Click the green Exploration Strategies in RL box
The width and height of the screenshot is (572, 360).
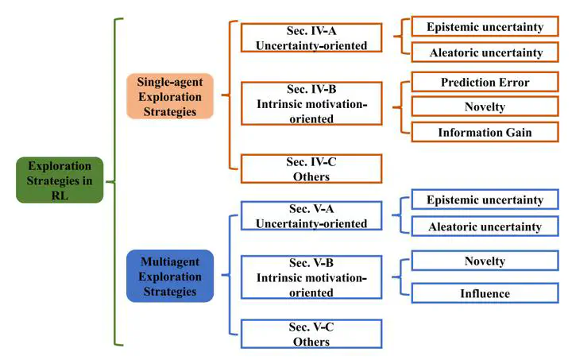click(60, 180)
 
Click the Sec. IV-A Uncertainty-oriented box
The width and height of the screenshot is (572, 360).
click(311, 37)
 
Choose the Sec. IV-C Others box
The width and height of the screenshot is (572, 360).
click(311, 169)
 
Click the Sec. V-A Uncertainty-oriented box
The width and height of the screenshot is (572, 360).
click(311, 216)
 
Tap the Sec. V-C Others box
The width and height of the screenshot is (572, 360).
click(311, 335)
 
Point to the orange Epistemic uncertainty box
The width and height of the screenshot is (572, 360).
click(485, 27)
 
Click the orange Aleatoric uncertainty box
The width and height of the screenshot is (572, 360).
click(485, 52)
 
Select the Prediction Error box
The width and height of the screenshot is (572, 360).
click(485, 82)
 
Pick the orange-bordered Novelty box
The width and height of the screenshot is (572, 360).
click(485, 106)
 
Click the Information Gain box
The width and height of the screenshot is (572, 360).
click(485, 132)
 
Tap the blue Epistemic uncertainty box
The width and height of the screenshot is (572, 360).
click(485, 200)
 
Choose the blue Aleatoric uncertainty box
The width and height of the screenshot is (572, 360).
click(485, 226)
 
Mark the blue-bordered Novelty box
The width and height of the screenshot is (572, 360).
click(485, 261)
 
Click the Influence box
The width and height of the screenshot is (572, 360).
click(485, 293)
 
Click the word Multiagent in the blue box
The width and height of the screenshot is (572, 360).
click(169, 261)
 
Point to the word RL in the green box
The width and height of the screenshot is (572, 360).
click(60, 195)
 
